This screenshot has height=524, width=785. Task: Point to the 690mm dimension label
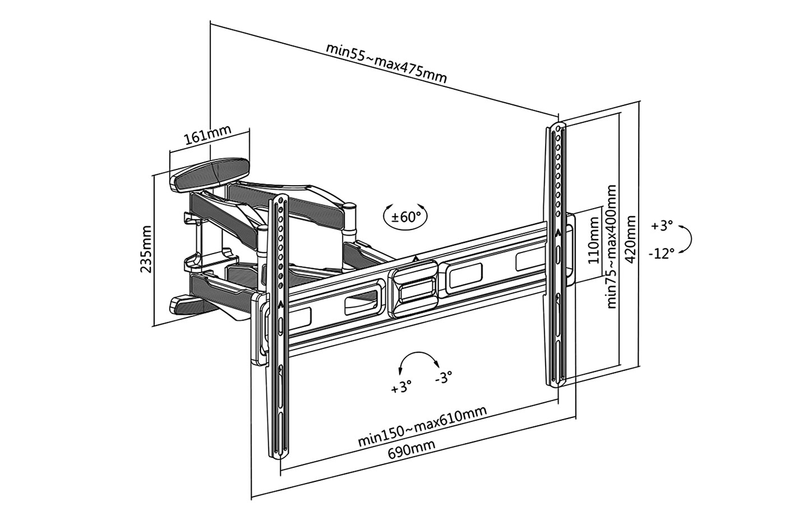(x=412, y=448)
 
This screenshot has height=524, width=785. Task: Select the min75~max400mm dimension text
(x=612, y=247)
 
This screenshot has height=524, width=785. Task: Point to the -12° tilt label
(x=662, y=253)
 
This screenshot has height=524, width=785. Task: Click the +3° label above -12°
(x=662, y=226)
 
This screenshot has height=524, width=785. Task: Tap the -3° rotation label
(x=443, y=378)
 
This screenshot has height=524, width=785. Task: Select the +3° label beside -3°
(x=401, y=387)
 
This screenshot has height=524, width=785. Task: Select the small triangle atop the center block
(x=415, y=259)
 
